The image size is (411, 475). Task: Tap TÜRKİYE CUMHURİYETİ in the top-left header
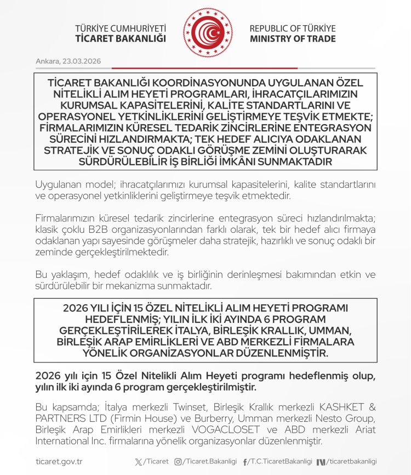pos(120,29)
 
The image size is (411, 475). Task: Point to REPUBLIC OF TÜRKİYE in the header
pos(293,29)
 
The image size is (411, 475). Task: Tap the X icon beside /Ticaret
pos(138,462)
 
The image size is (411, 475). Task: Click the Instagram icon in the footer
pos(178,462)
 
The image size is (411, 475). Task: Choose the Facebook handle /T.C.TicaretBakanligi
pos(279,462)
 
